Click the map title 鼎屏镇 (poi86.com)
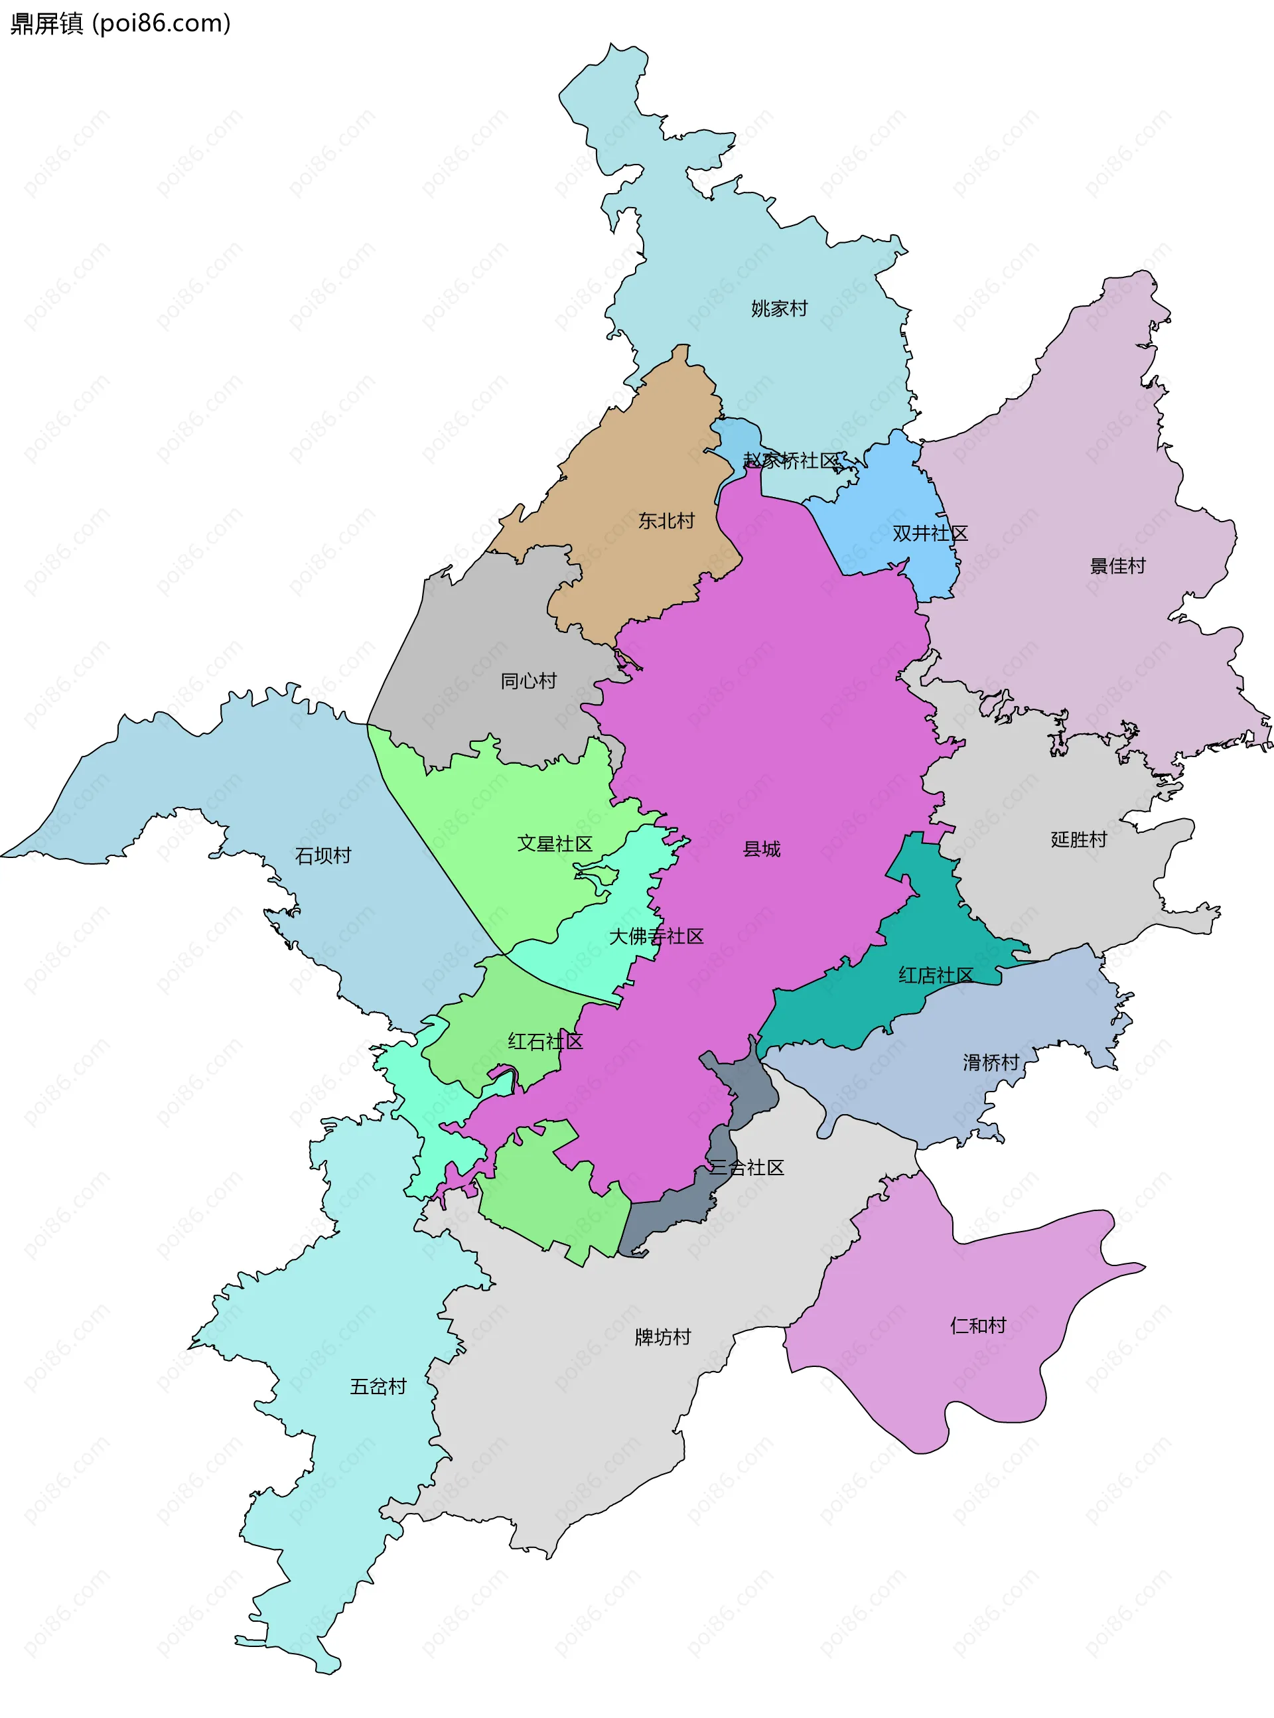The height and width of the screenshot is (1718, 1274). [120, 23]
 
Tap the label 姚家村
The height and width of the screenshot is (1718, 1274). [779, 309]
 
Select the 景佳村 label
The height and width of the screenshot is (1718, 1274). [1117, 566]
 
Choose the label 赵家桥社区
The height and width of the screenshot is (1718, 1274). [790, 461]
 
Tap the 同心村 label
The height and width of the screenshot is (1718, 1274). [528, 681]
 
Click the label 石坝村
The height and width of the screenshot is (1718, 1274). [322, 855]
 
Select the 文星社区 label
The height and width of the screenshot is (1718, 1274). [555, 843]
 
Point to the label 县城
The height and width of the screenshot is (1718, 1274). [761, 849]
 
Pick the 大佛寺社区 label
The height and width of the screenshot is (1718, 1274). [656, 936]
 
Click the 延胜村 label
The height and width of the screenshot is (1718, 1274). [1078, 839]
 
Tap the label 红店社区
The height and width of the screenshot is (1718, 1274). [936, 975]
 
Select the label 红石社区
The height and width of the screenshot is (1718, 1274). [545, 1042]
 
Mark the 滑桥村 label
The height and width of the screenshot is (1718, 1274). [990, 1062]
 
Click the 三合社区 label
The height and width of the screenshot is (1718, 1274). [746, 1167]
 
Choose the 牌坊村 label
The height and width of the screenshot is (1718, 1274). [662, 1337]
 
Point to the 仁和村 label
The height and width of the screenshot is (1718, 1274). [978, 1326]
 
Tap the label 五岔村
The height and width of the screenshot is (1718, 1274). [378, 1386]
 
